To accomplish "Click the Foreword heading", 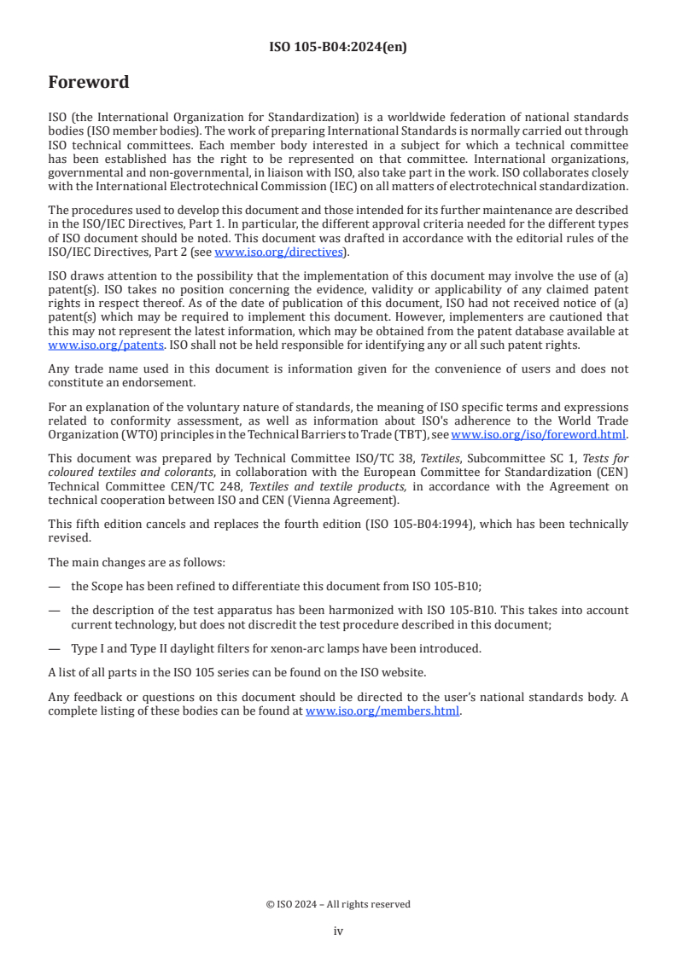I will (89, 83).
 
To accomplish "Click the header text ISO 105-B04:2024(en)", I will (338, 48).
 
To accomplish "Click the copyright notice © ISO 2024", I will (338, 904).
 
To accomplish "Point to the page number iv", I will (338, 931).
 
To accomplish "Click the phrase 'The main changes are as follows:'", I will (133, 562).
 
